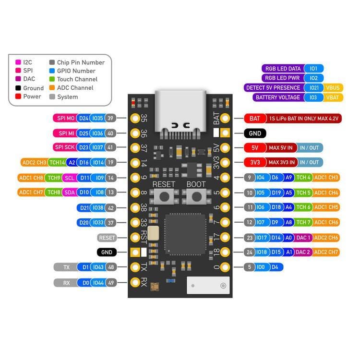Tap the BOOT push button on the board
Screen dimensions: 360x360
click(196, 196)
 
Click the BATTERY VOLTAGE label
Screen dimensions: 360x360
click(277, 97)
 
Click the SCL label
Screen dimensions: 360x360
click(70, 178)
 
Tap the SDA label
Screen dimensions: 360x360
click(70, 192)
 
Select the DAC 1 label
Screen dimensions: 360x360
click(303, 237)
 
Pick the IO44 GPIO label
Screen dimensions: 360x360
click(97, 283)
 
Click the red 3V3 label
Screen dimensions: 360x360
click(255, 162)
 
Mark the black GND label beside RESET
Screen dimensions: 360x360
click(106, 252)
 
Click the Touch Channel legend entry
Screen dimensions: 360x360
click(77, 79)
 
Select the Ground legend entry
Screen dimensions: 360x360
click(33, 88)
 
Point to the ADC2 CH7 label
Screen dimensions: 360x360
click(327, 252)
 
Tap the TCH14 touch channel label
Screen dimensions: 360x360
click(57, 163)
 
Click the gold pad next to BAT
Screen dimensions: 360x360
click(225, 118)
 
